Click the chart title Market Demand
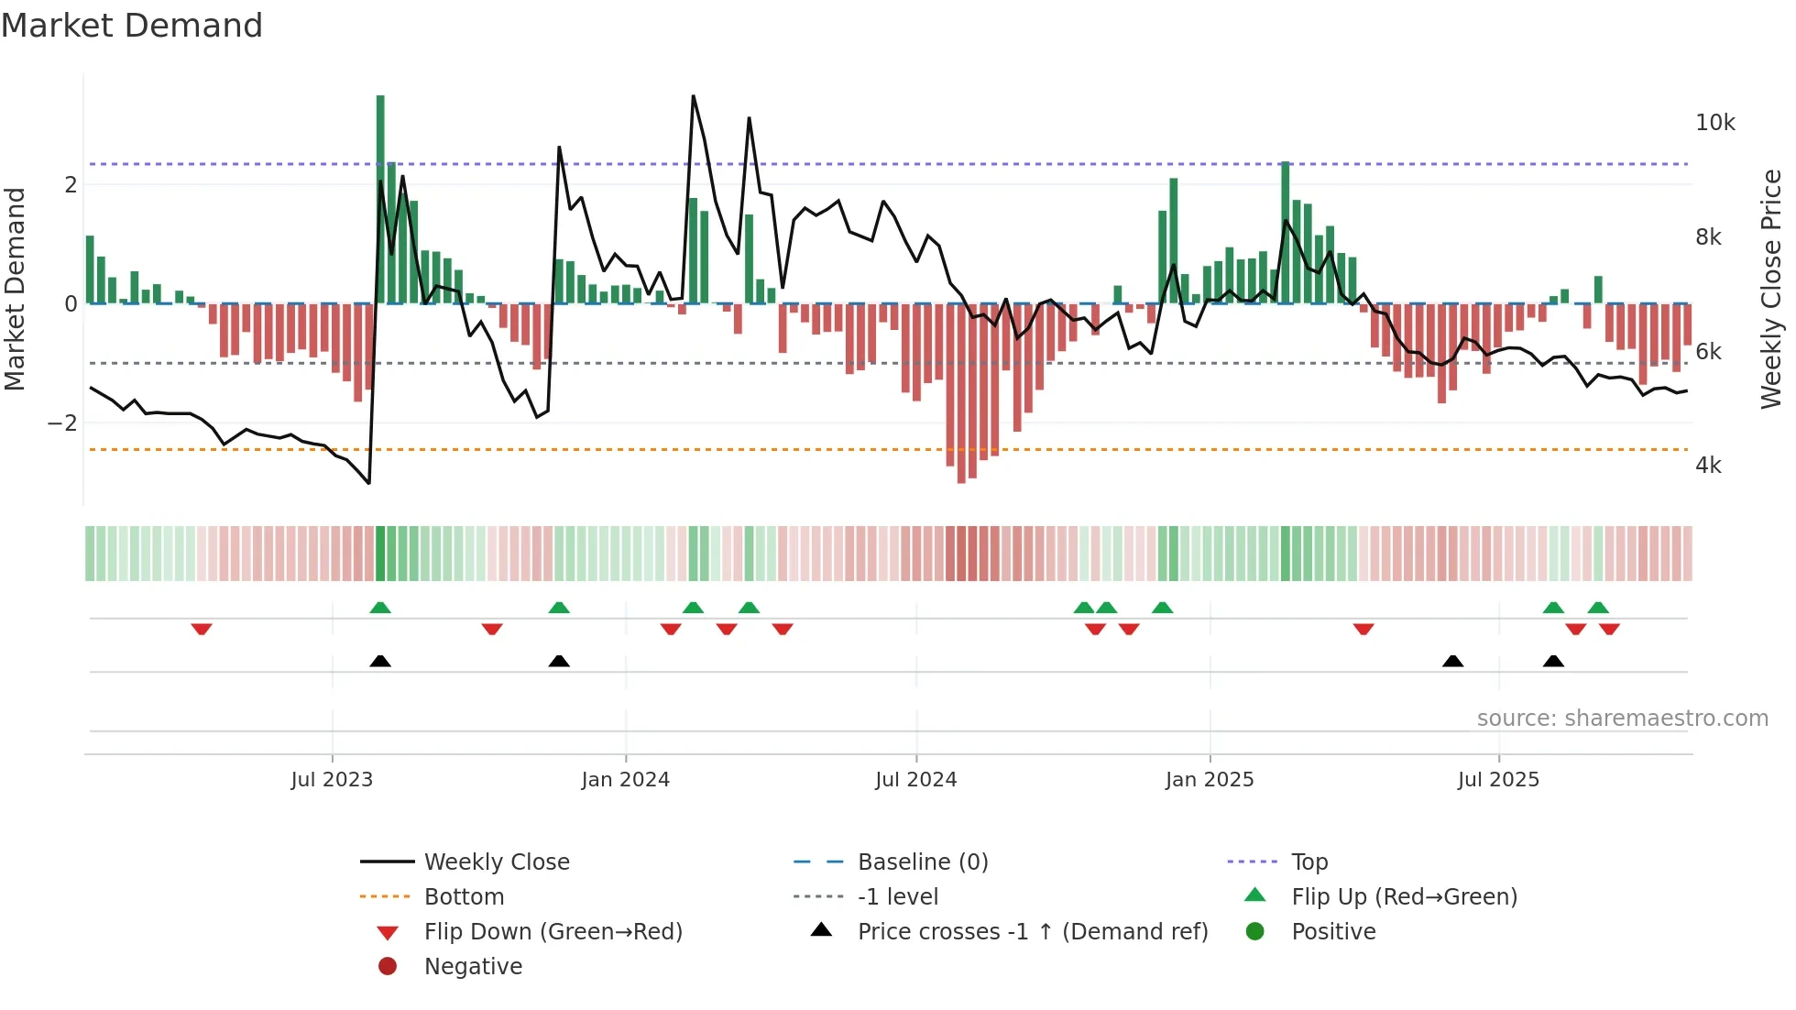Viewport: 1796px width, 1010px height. (x=132, y=26)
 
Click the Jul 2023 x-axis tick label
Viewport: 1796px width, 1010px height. (x=332, y=780)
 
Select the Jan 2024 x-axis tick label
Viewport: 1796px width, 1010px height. (x=625, y=780)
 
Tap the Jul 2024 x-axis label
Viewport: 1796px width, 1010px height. (x=915, y=780)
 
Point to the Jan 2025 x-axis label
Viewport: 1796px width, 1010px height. (x=1210, y=780)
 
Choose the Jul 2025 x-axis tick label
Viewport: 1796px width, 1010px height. (x=1498, y=780)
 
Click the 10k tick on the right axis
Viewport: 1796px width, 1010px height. (x=1714, y=123)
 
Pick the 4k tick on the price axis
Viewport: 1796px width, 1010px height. (x=1708, y=466)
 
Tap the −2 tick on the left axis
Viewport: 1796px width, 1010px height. (x=62, y=423)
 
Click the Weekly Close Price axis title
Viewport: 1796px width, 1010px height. (x=1771, y=289)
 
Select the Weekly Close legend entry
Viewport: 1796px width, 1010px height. (x=496, y=862)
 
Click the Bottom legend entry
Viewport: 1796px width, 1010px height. (x=464, y=897)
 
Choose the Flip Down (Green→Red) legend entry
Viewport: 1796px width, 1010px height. (x=553, y=932)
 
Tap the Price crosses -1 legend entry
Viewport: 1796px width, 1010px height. (x=1032, y=932)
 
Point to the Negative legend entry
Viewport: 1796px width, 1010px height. (x=473, y=967)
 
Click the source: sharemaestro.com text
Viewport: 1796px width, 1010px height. (x=1622, y=719)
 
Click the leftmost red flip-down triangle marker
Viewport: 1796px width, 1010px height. (x=202, y=629)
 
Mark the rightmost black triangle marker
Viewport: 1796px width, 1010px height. (x=1553, y=661)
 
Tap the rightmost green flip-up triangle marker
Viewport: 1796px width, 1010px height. (x=1598, y=608)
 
